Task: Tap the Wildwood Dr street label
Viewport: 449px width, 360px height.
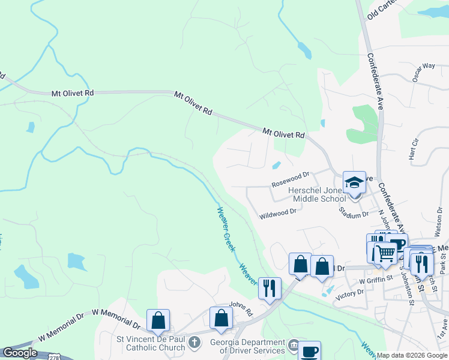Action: [278, 213]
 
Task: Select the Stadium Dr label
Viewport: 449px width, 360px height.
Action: [354, 214]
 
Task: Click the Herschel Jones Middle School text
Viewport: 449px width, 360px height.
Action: [318, 194]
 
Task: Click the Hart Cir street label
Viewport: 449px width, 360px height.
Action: [413, 150]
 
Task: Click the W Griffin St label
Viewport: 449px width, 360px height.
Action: [375, 279]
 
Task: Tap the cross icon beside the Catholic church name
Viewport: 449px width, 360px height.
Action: [194, 342]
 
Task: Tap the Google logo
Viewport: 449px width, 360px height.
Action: [20, 353]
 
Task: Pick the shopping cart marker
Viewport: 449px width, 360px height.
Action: [385, 254]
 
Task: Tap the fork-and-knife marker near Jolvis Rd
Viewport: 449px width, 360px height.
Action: [270, 288]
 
